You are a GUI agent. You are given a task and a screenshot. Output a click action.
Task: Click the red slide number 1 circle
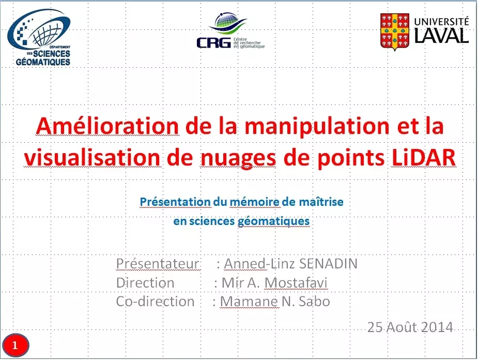coord(15,346)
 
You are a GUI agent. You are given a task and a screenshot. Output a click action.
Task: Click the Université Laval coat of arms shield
coord(395,32)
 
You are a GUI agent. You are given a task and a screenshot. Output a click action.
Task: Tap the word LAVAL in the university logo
coord(441,35)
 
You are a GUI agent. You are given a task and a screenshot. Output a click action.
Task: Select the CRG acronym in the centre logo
coord(214,43)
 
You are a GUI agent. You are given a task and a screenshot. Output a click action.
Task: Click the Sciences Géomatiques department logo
coord(39,37)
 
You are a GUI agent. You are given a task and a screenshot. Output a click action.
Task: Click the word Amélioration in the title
coord(107,126)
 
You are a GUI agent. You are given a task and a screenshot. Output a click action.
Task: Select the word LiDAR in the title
coord(423,157)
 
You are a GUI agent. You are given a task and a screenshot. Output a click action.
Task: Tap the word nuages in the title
coord(238,159)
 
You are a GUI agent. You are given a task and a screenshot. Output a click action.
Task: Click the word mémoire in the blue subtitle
coord(254,202)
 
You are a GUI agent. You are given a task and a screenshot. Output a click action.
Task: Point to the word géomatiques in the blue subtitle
coord(273,221)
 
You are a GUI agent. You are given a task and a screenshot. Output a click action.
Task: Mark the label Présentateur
coord(158,264)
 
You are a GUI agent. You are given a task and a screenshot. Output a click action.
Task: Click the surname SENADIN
coord(328,264)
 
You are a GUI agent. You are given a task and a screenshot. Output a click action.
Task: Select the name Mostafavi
coord(296,283)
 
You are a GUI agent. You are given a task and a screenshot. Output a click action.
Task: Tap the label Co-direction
coord(155,302)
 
